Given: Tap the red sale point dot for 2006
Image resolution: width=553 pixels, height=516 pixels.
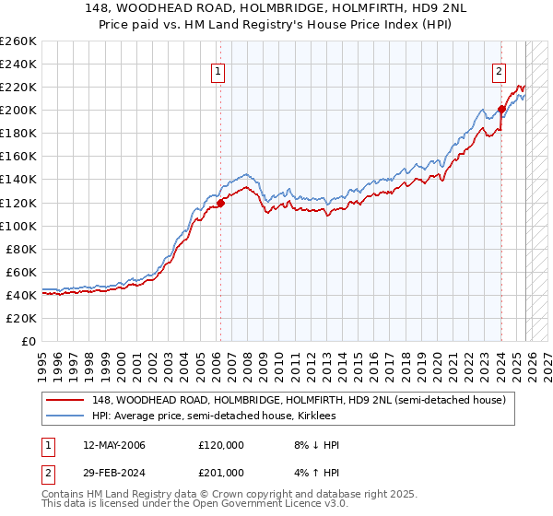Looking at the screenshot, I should pyautogui.click(x=221, y=203).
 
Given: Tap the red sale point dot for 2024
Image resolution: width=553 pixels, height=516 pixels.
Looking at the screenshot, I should pyautogui.click(x=502, y=109).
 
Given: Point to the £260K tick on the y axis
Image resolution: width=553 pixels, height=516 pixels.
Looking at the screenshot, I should pyautogui.click(x=18, y=41).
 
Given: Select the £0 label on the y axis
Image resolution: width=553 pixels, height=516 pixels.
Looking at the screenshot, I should pyautogui.click(x=28, y=341).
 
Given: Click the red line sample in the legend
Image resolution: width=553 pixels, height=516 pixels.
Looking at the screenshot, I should pyautogui.click(x=65, y=401).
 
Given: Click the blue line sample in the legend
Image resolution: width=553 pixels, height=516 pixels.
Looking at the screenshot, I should pyautogui.click(x=65, y=416).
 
